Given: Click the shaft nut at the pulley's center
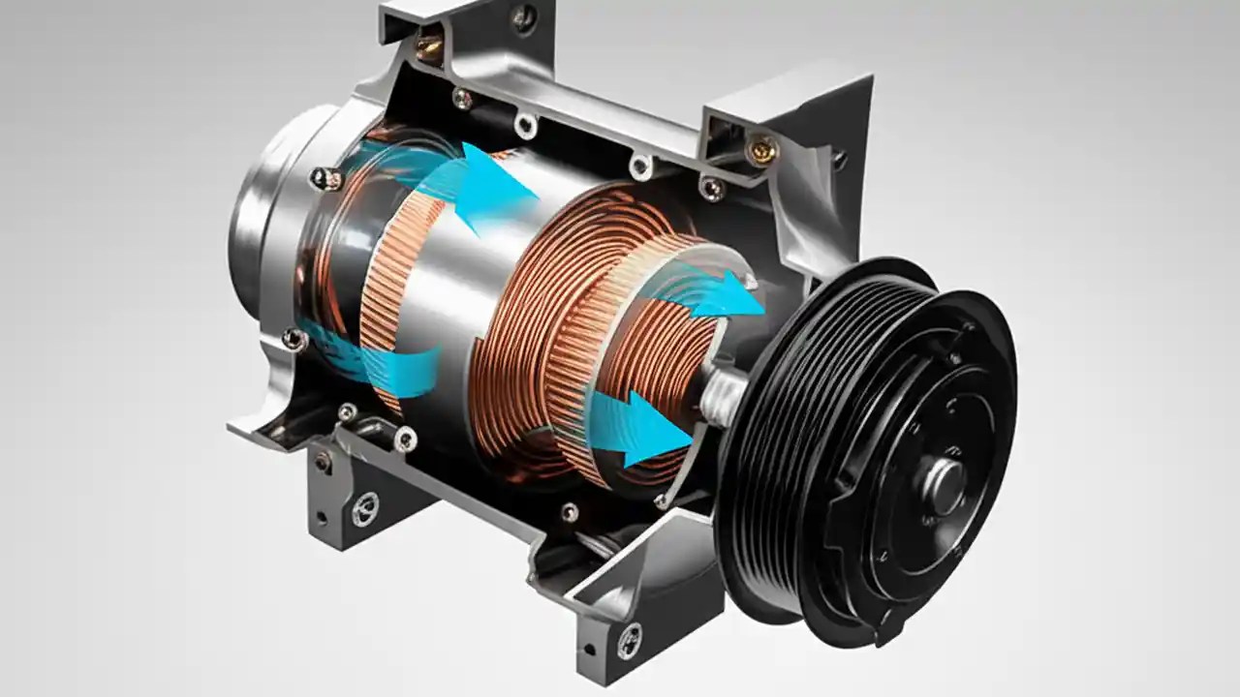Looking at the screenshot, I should pos(945,481).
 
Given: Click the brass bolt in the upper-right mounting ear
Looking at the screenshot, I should pos(762,148).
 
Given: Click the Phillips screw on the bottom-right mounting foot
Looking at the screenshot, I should pos(631,639).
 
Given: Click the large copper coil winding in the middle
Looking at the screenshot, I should pos(542,319).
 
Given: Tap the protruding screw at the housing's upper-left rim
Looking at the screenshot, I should pos(325,178).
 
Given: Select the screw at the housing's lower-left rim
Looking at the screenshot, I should pos(293,339).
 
